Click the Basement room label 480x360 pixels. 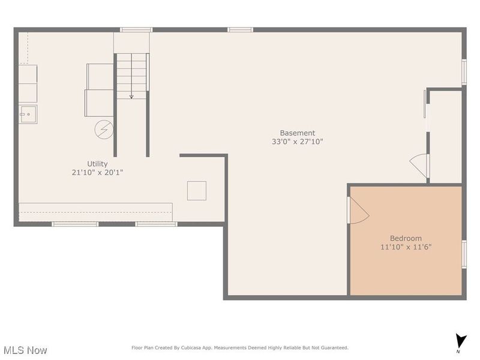[x=297, y=133]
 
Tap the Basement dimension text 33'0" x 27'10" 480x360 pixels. [x=297, y=142]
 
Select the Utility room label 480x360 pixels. [x=97, y=164]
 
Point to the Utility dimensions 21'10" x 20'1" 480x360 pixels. [x=97, y=172]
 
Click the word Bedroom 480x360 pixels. [x=406, y=238]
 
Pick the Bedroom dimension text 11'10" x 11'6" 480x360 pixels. [x=406, y=247]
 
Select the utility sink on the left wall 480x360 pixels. [x=28, y=113]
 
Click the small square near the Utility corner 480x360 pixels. [x=196, y=190]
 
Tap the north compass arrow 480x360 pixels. [x=460, y=340]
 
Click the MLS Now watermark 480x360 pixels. [x=25, y=350]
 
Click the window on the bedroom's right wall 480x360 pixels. [x=464, y=253]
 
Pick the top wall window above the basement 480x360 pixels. [x=240, y=29]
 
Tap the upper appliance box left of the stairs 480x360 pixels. [x=100, y=76]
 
